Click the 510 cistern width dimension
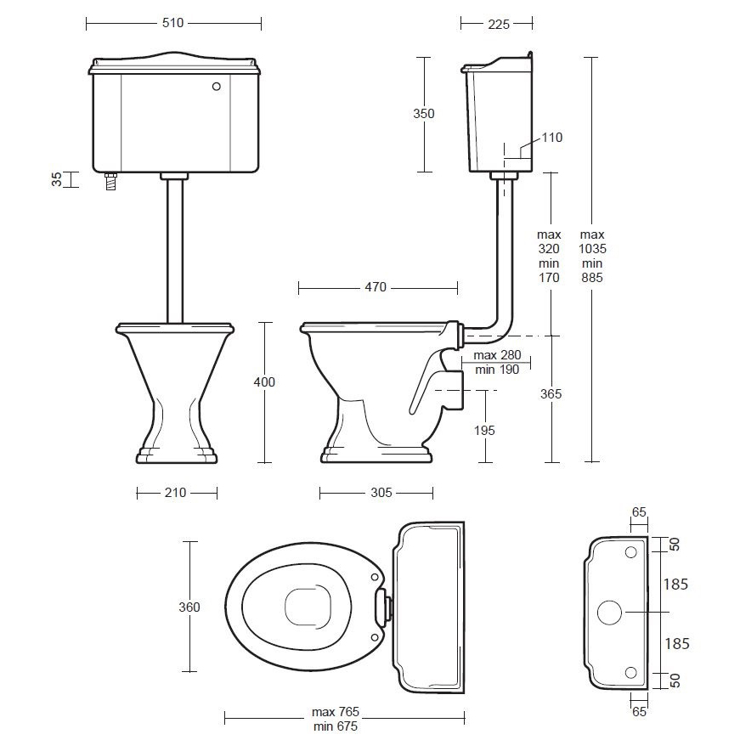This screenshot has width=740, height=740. coord(172,23)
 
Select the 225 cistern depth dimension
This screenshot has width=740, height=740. coord(499,24)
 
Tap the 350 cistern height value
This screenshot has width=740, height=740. coord(423,113)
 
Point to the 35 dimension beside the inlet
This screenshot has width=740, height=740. coord(57,179)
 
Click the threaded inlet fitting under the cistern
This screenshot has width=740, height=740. coord(111,181)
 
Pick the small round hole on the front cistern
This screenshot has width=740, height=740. coord(216,87)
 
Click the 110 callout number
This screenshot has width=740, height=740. coord(551,138)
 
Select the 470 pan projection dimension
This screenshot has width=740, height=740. coord(376,287)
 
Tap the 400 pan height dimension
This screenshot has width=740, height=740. coord(264,381)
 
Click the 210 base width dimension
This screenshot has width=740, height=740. coord(175,493)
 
